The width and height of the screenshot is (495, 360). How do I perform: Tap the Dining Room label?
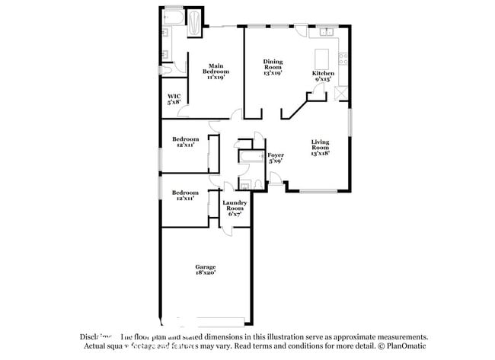(x=273, y=67)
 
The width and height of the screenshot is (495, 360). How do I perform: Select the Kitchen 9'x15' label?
(x=322, y=75)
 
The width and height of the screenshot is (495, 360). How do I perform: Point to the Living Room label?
(x=320, y=148)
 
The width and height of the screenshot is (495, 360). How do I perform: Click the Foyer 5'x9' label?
(x=275, y=158)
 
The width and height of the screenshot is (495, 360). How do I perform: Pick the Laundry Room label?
(x=234, y=208)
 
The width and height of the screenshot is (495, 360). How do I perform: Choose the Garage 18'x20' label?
(x=205, y=269)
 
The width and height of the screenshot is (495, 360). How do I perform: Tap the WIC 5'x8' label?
(x=174, y=99)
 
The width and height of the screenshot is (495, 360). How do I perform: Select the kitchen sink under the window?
(x=327, y=32)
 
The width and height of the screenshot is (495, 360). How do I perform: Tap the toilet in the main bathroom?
(x=167, y=68)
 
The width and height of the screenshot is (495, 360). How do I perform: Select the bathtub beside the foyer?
(x=249, y=158)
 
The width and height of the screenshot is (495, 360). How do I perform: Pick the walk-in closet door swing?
(x=184, y=113)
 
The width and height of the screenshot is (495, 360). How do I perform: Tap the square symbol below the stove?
(x=340, y=93)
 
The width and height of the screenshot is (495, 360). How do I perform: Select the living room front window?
(x=313, y=190)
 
